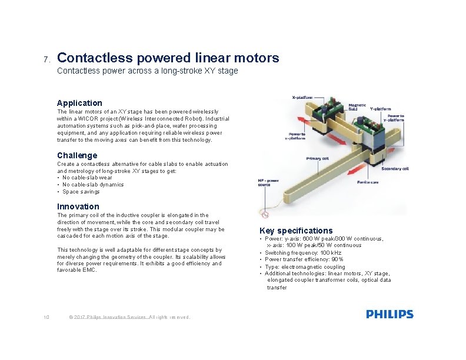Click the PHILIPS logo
coord(390,315)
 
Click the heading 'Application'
coord(79,103)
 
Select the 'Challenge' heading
coord(77,155)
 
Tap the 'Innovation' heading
coord(78,206)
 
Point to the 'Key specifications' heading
coord(296,231)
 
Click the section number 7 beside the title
coord(46,60)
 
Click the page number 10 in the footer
coord(46,318)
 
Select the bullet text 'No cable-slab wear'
coord(86,178)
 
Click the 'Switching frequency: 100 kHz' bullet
coord(302,252)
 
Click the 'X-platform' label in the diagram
coord(302,98)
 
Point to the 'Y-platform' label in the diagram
coord(380,108)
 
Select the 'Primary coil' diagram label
coord(317,159)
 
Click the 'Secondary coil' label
coord(395,169)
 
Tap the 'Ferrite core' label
coord(368,182)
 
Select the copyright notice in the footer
coord(129,318)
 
